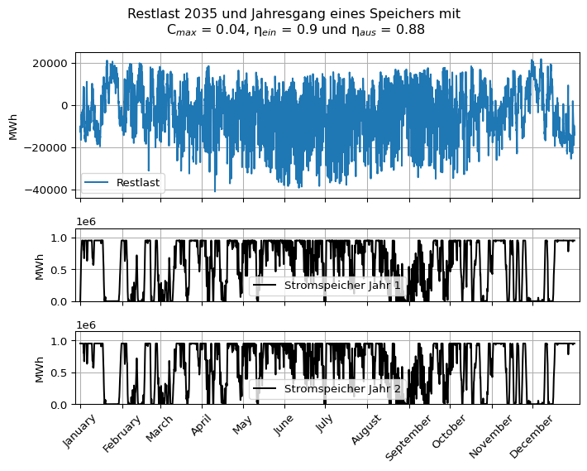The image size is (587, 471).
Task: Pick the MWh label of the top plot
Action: tap(13, 126)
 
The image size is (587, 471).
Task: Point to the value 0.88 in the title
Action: tap(410, 30)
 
